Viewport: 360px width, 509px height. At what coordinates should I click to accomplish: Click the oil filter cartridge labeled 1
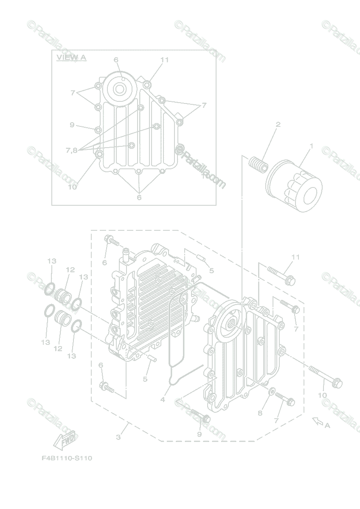pos(294,185)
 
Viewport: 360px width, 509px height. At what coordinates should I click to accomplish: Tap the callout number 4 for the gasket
pos(163,400)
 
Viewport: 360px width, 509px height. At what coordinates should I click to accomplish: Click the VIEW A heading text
pos(71,57)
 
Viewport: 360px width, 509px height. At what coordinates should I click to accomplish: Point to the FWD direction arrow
pos(64,440)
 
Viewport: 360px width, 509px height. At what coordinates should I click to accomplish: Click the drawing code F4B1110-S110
pos(67,458)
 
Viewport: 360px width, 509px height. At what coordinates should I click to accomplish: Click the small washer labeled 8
pos(272,389)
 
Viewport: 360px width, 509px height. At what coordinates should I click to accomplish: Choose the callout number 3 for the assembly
pos(118,437)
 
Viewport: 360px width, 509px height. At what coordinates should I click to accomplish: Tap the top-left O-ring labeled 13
pos(50,290)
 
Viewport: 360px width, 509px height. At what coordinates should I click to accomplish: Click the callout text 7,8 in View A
pos(71,150)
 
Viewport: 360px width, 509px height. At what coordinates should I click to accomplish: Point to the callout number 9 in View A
pos(72,125)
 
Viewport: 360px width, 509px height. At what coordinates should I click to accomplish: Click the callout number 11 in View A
pos(165,60)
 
